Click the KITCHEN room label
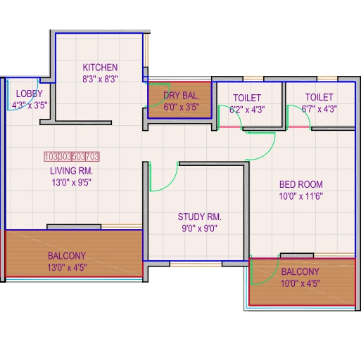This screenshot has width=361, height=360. [100, 67]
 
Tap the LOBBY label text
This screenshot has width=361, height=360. [30, 94]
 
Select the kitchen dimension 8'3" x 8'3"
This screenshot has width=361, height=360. [100, 79]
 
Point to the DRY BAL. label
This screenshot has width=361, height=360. [182, 96]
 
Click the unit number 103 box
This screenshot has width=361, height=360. [51, 157]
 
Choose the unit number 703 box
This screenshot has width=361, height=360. [92, 157]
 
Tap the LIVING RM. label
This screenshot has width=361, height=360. [72, 171]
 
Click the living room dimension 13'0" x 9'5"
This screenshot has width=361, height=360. [72, 182]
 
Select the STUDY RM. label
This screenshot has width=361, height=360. [200, 217]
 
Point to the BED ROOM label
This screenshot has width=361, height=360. [301, 184]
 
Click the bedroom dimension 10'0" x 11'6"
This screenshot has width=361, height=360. [301, 196]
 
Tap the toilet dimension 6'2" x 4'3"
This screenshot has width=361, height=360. [247, 110]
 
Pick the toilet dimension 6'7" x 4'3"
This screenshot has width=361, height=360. [319, 109]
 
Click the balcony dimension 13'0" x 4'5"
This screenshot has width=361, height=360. [67, 267]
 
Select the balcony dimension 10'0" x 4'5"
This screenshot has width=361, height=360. [300, 283]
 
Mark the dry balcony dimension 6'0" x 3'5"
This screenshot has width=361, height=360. [182, 107]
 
